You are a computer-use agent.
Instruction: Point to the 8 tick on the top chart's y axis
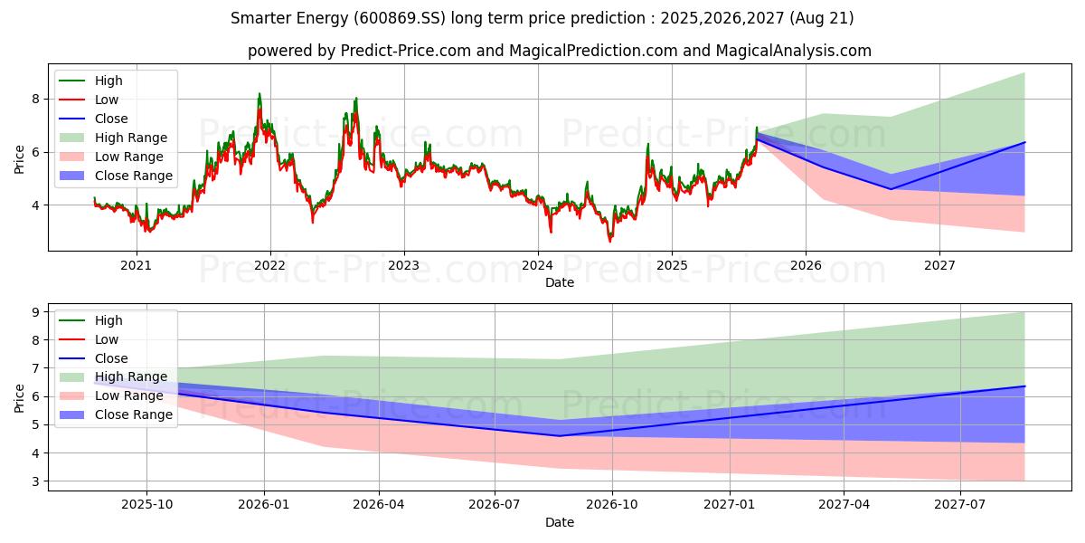(x=36, y=99)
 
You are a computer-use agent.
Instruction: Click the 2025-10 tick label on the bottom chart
(x=146, y=504)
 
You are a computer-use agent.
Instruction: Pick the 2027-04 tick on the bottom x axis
(x=844, y=504)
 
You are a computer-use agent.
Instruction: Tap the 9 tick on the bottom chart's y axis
(x=36, y=312)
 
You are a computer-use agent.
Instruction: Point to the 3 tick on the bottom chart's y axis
(x=36, y=481)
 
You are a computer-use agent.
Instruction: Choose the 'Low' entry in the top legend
(x=107, y=100)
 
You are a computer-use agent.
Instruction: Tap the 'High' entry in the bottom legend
(x=108, y=320)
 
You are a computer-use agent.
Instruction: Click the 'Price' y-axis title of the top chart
(x=20, y=159)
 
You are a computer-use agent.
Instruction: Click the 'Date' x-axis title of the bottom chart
(x=559, y=522)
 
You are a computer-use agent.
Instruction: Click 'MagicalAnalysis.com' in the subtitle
(x=793, y=51)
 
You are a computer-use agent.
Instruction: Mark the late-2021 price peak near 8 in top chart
(x=259, y=93)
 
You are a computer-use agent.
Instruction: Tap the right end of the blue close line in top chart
(x=1024, y=142)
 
